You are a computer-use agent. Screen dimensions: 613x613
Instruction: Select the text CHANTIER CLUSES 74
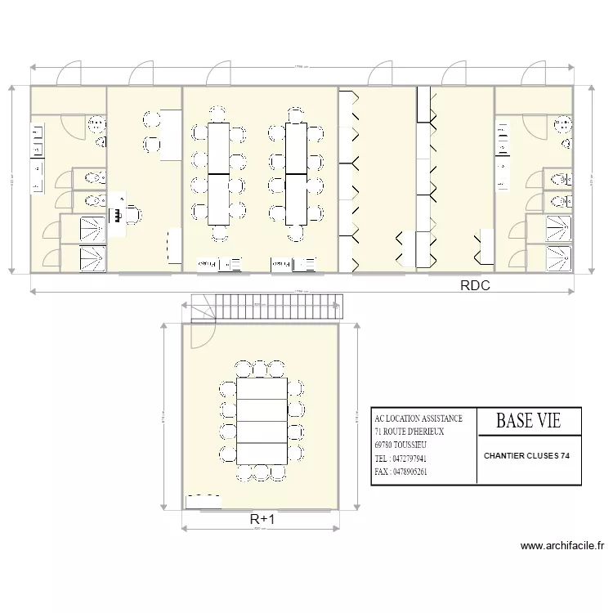click(527, 456)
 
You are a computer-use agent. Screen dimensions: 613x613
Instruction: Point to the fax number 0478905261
click(400, 472)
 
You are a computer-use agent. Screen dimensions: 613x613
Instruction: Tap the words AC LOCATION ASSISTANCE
click(418, 418)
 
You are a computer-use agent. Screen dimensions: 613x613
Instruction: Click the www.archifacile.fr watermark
click(561, 547)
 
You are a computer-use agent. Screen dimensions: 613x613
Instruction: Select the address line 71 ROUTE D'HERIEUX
click(408, 432)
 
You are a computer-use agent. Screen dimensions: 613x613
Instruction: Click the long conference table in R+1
click(262, 420)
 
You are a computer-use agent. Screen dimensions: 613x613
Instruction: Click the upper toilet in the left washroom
click(92, 177)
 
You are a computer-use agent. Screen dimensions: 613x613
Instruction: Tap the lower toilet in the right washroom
click(557, 201)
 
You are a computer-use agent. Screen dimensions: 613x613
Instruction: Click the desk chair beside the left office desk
click(130, 215)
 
